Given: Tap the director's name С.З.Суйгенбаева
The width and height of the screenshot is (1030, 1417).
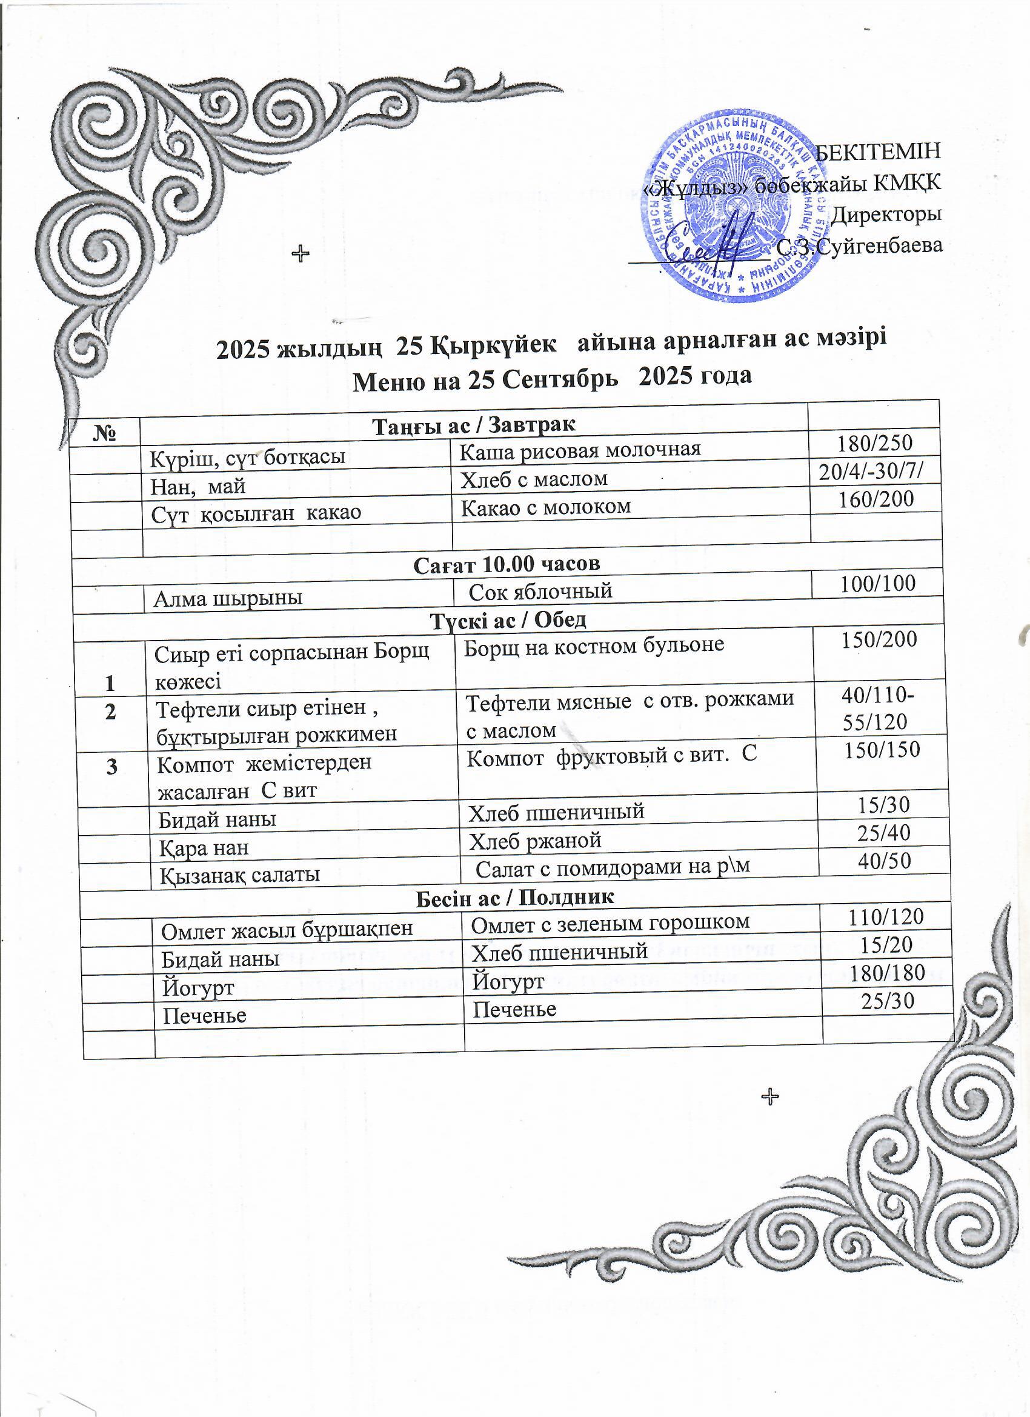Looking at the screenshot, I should click(861, 246).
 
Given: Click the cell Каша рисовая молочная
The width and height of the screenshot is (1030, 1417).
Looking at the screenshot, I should click(580, 449).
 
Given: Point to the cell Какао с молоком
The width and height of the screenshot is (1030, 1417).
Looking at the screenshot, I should click(546, 507).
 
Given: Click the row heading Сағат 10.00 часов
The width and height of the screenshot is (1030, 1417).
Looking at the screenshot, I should click(507, 564).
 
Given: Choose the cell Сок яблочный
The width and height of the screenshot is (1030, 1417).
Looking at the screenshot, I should click(540, 590).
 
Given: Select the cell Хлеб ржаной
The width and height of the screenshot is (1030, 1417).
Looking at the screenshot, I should click(534, 841).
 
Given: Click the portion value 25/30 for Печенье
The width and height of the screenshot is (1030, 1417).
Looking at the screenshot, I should click(888, 1001).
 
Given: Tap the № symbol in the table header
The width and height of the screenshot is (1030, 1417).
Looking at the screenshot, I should click(105, 432).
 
